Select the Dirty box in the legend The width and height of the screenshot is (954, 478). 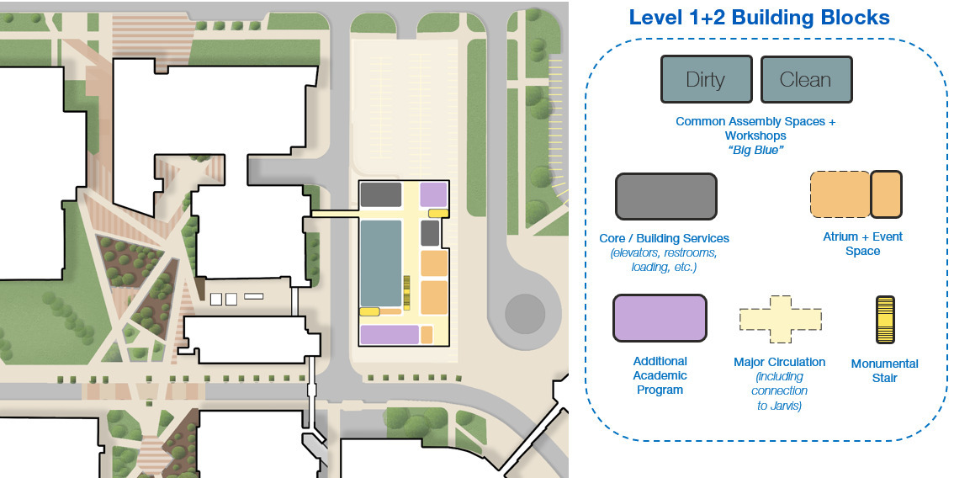(707, 79)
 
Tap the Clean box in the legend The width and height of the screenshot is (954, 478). (806, 79)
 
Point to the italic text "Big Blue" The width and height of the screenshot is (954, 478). (755, 151)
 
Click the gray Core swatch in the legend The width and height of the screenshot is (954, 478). (666, 196)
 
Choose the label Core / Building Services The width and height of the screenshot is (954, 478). (664, 238)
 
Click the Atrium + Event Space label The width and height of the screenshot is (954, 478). (863, 243)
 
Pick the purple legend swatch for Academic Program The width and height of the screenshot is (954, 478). (660, 318)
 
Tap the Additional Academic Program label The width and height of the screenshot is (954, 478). (660, 375)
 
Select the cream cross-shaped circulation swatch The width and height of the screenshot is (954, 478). (781, 319)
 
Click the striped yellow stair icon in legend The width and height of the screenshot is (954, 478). (885, 319)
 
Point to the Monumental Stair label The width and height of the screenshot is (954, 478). (885, 371)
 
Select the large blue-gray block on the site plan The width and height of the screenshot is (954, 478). (381, 263)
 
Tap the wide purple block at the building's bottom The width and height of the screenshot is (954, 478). (390, 334)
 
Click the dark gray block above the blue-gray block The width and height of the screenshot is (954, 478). (381, 195)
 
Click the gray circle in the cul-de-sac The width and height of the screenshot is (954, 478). (524, 314)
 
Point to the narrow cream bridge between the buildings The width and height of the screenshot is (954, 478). (335, 214)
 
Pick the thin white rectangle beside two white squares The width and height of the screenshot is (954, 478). (254, 296)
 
